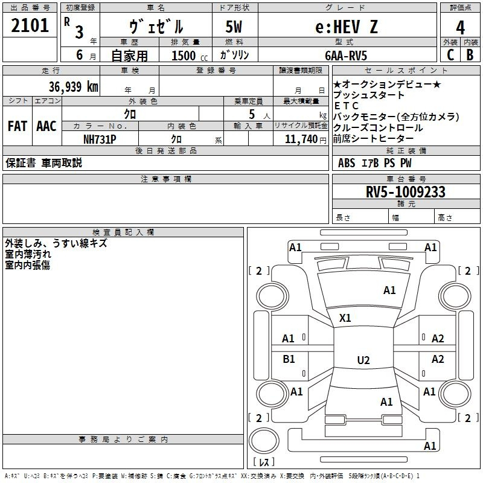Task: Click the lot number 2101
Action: point(30,27)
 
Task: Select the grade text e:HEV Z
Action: point(347,27)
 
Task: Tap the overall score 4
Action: point(460,28)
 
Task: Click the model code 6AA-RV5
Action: point(346,56)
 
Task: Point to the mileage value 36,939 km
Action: point(74,87)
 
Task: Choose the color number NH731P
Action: point(100,139)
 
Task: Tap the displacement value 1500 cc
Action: point(187,56)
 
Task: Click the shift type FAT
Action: point(17,126)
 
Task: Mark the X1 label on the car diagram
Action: point(345,318)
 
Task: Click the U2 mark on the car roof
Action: point(363,360)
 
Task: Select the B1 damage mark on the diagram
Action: point(289,359)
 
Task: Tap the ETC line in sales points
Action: point(346,106)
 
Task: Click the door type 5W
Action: point(235,27)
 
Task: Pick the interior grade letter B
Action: point(470,55)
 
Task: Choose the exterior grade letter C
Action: point(450,55)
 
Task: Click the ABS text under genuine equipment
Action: point(347,162)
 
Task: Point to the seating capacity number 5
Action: point(251,114)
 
